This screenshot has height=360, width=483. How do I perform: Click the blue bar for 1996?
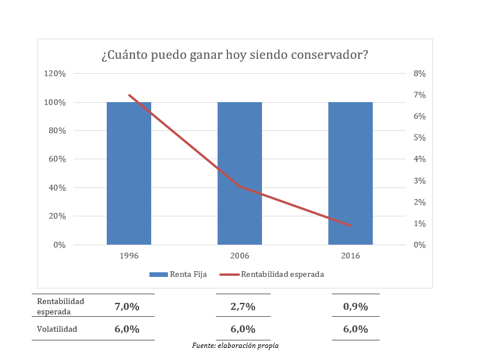[x=129, y=173]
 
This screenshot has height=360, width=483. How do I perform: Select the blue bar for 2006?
[x=239, y=173]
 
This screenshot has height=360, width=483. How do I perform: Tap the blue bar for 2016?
[x=350, y=173]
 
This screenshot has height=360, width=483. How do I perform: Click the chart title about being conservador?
[x=235, y=55]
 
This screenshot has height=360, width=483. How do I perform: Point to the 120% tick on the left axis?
[x=55, y=74]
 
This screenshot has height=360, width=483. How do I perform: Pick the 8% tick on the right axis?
[x=420, y=74]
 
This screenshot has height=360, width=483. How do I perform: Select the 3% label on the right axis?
[x=420, y=181]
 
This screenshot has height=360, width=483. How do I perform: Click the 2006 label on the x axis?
[x=239, y=256]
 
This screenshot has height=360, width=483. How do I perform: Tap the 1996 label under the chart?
[x=129, y=256]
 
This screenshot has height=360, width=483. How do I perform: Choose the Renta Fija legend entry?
[x=178, y=274]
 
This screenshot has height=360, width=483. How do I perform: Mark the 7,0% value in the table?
[x=128, y=306]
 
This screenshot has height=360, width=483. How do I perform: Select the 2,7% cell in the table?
[x=243, y=306]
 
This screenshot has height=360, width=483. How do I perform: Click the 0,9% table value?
[x=355, y=306]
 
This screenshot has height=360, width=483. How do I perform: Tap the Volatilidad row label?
[x=57, y=329]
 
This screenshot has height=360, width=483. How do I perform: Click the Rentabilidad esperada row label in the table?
[x=60, y=306]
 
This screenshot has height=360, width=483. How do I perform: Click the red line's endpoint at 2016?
[x=350, y=225]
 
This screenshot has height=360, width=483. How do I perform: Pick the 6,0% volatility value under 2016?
[x=355, y=329]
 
